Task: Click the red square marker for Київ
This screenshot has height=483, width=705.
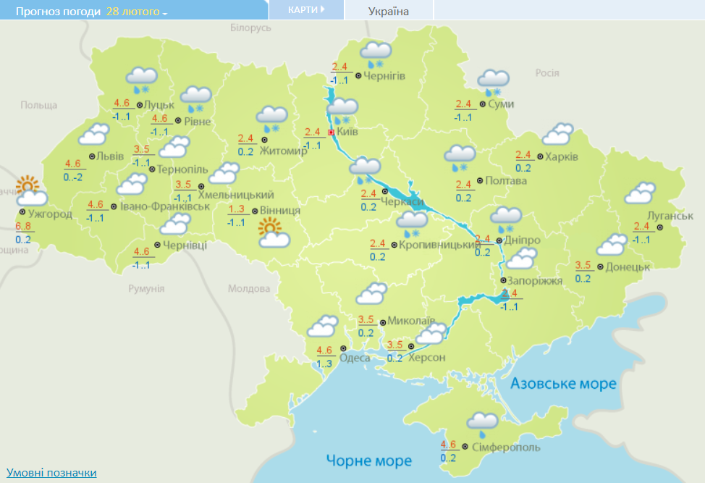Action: pyautogui.click(x=332, y=133)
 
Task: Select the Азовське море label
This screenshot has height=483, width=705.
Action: pyautogui.click(x=563, y=383)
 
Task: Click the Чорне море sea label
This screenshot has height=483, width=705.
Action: pyautogui.click(x=368, y=461)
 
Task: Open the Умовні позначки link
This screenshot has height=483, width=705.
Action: pyautogui.click(x=51, y=472)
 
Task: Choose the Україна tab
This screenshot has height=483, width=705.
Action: pyautogui.click(x=388, y=11)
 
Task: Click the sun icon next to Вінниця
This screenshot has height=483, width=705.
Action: pyautogui.click(x=271, y=234)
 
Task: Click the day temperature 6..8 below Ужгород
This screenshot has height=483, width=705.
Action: pyautogui.click(x=23, y=227)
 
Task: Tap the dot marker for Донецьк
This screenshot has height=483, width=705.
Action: pyautogui.click(x=599, y=267)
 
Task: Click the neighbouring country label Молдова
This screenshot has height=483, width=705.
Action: pyautogui.click(x=248, y=288)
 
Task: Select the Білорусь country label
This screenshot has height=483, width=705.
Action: pyautogui.click(x=250, y=28)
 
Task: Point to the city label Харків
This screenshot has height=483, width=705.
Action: pyautogui.click(x=562, y=157)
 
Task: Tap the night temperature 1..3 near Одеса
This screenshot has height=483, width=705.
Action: pyautogui.click(x=324, y=363)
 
